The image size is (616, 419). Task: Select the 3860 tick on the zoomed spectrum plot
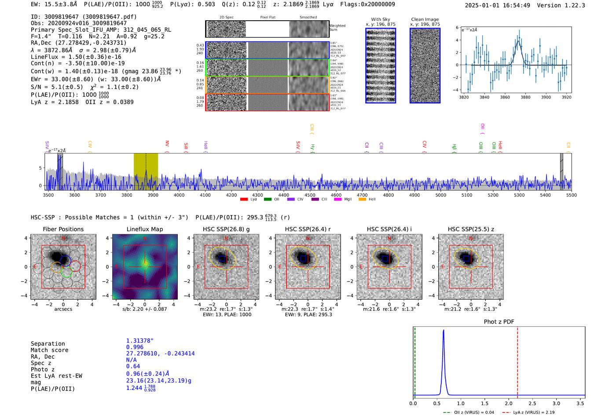[x=505, y=97]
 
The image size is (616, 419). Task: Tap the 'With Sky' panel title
[x=380, y=19]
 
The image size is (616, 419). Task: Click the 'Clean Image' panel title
[x=425, y=19]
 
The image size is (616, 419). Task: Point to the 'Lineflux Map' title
[x=144, y=229]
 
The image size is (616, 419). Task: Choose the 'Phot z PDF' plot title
[x=499, y=321]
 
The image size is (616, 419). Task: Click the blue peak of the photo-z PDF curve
[x=443, y=331]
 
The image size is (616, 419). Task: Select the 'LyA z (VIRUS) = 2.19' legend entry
[x=533, y=412]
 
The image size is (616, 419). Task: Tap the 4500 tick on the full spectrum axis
[x=310, y=195]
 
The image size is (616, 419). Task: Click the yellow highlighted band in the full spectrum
[x=146, y=171]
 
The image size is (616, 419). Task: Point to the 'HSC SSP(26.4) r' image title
[x=308, y=229]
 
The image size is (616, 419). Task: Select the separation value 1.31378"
[x=139, y=341]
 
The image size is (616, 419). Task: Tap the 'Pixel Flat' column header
[x=268, y=17]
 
